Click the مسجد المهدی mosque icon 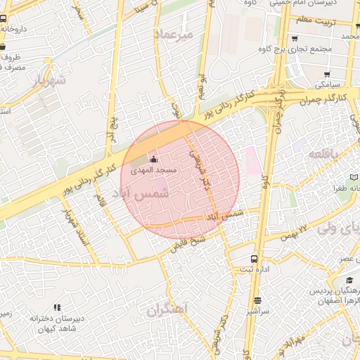154,159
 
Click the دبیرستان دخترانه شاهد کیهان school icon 57,307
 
